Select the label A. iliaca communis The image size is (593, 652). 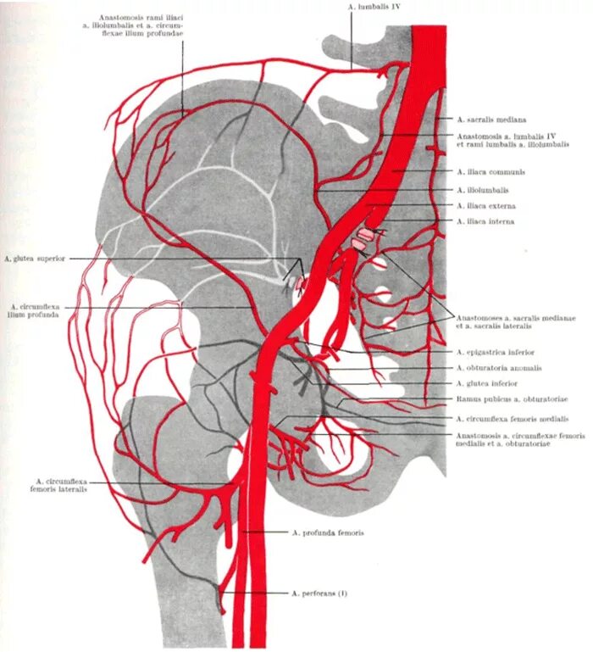tap(490, 171)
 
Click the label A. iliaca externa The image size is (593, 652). tap(486, 206)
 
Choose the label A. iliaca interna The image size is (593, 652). tap(485, 222)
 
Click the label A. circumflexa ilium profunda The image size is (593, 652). tap(35, 309)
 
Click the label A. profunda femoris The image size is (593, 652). tap(328, 532)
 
